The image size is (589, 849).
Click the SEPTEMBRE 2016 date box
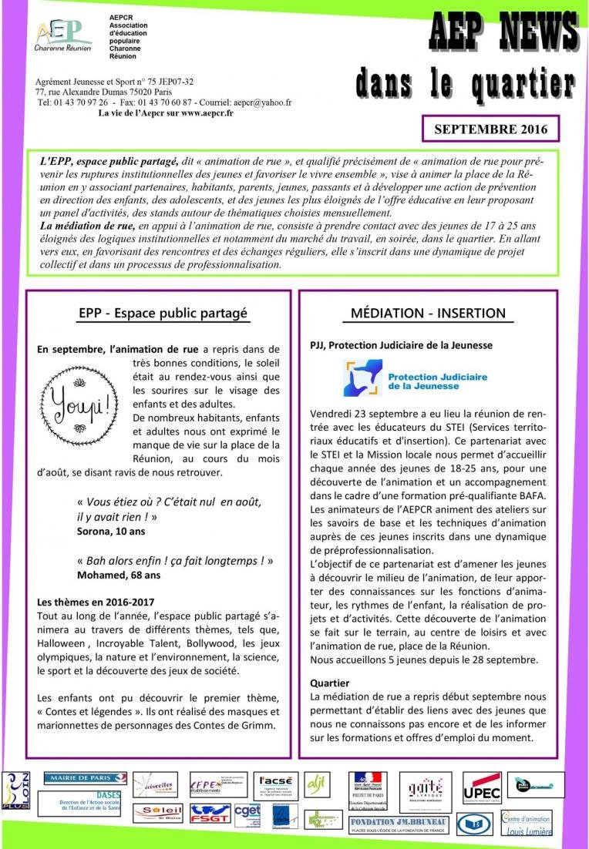pos(490,129)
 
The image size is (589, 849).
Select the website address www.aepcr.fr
pos(200,112)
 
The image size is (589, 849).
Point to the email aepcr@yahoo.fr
pos(262,102)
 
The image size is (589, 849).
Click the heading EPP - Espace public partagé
pos(163,314)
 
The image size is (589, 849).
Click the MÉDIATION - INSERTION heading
pos(428,314)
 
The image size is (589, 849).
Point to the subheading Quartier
pos(329,683)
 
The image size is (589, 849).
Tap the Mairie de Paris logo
pos(85,779)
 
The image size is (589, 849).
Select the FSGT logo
pos(210,814)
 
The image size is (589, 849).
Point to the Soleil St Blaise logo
pos(157,813)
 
